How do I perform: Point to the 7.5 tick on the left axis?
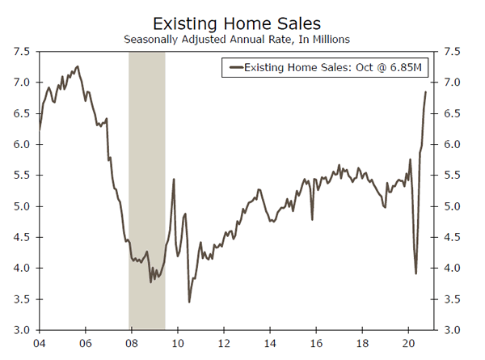click(22, 52)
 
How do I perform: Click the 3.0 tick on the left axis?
click(22, 330)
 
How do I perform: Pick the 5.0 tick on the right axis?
click(453, 206)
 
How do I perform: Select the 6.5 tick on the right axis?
click(453, 113)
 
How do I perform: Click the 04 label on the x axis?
click(39, 343)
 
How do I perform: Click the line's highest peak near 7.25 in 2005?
click(78, 66)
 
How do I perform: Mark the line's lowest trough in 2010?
click(189, 302)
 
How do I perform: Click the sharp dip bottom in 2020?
click(416, 273)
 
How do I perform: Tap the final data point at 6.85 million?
click(426, 91)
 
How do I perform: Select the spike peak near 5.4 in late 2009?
click(174, 180)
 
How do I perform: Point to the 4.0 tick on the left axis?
click(22, 268)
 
